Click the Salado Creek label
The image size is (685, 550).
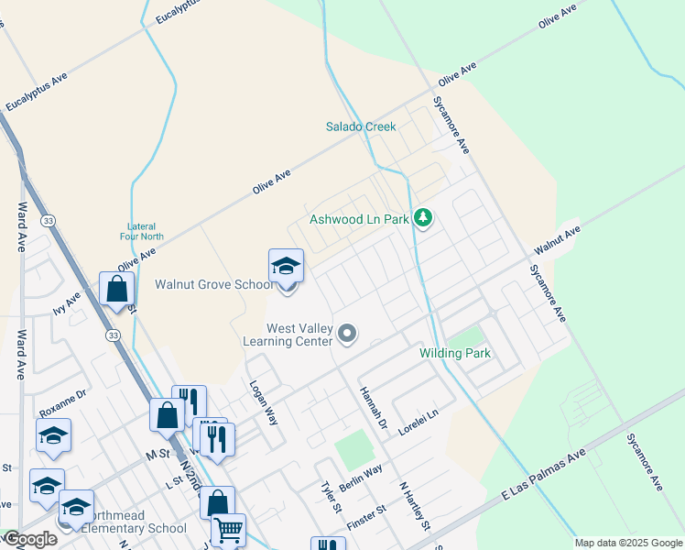tap(361, 126)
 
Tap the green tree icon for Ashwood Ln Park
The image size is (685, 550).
tap(422, 218)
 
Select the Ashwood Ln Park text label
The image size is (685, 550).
tap(359, 219)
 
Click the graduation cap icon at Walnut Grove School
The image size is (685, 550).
tap(286, 267)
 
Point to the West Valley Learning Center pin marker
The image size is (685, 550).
tap(347, 334)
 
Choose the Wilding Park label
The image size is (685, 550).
tap(455, 353)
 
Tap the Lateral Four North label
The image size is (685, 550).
tap(141, 231)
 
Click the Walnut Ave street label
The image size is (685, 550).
tap(558, 243)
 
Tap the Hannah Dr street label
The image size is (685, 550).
tap(373, 406)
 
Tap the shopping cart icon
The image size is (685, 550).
tap(228, 530)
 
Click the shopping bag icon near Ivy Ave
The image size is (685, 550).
tap(117, 289)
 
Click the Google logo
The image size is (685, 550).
tap(31, 539)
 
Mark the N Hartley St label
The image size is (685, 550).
tap(414, 506)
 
